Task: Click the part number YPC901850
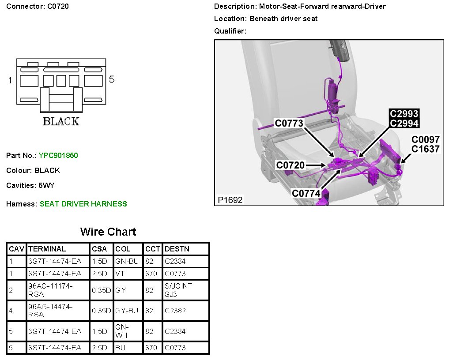pyautogui.click(x=58, y=155)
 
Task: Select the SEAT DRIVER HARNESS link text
pyautogui.click(x=83, y=204)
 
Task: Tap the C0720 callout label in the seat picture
pyautogui.click(x=290, y=165)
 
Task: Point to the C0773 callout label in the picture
pyautogui.click(x=289, y=123)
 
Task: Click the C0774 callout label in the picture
pyautogui.click(x=306, y=193)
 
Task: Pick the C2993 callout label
pyautogui.click(x=404, y=114)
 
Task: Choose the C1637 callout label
pyautogui.click(x=425, y=149)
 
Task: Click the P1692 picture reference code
pyautogui.click(x=230, y=200)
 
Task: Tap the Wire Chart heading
pyautogui.click(x=108, y=232)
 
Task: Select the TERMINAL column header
pyautogui.click(x=47, y=249)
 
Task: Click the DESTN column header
pyautogui.click(x=177, y=249)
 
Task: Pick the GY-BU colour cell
pyautogui.click(x=127, y=311)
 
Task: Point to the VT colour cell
pyautogui.click(x=120, y=274)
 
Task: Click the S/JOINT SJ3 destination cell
pyautogui.click(x=178, y=290)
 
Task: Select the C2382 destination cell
pyautogui.click(x=175, y=311)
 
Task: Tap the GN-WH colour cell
pyautogui.click(x=122, y=331)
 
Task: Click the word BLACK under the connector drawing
pyautogui.click(x=61, y=121)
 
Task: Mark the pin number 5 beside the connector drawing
pyautogui.click(x=112, y=79)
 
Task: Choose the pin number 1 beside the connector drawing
pyautogui.click(x=10, y=80)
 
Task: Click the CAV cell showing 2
pyautogui.click(x=11, y=290)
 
